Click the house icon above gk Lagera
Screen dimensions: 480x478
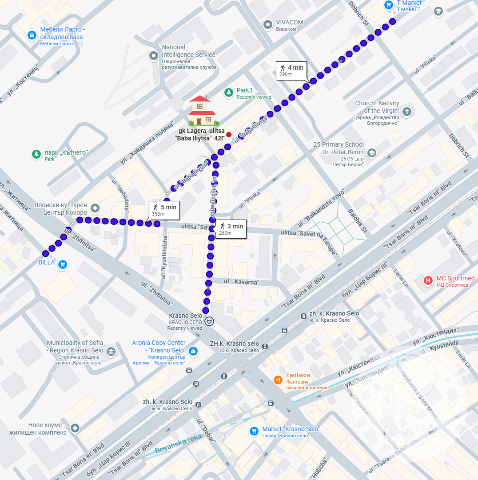click(x=203, y=111)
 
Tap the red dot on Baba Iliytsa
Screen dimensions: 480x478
click(x=229, y=135)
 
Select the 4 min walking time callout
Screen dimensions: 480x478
click(x=291, y=70)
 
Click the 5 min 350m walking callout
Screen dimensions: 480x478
click(x=164, y=210)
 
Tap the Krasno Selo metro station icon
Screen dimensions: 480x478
click(x=209, y=321)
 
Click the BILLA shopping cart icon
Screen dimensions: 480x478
click(x=63, y=264)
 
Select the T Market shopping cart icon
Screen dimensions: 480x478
click(x=389, y=5)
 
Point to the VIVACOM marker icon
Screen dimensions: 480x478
click(x=268, y=24)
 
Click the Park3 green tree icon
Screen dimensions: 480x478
click(x=229, y=92)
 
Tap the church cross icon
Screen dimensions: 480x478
click(x=407, y=111)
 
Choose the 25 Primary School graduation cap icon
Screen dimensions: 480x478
click(x=372, y=153)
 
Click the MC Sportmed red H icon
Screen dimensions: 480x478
click(x=428, y=280)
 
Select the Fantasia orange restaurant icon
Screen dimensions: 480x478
click(x=278, y=380)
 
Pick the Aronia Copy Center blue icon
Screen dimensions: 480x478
click(x=193, y=351)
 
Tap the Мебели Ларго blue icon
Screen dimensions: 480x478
click(x=32, y=35)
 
